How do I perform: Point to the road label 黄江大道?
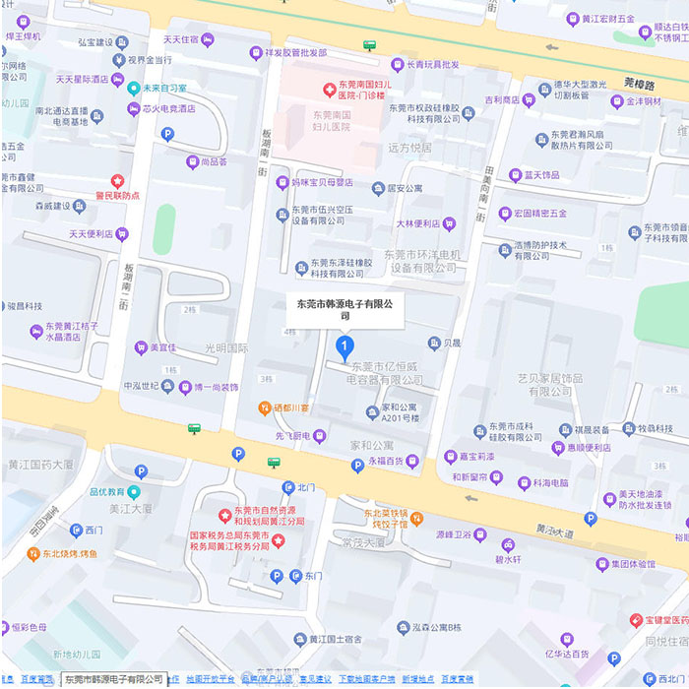[x=554, y=529]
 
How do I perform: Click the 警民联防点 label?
[x=117, y=195]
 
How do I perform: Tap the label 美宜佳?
[x=161, y=347]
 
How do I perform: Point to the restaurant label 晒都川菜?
[x=290, y=407]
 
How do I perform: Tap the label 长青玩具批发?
[x=424, y=65]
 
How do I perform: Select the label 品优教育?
[x=106, y=491]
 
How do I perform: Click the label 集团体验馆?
[x=632, y=564]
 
